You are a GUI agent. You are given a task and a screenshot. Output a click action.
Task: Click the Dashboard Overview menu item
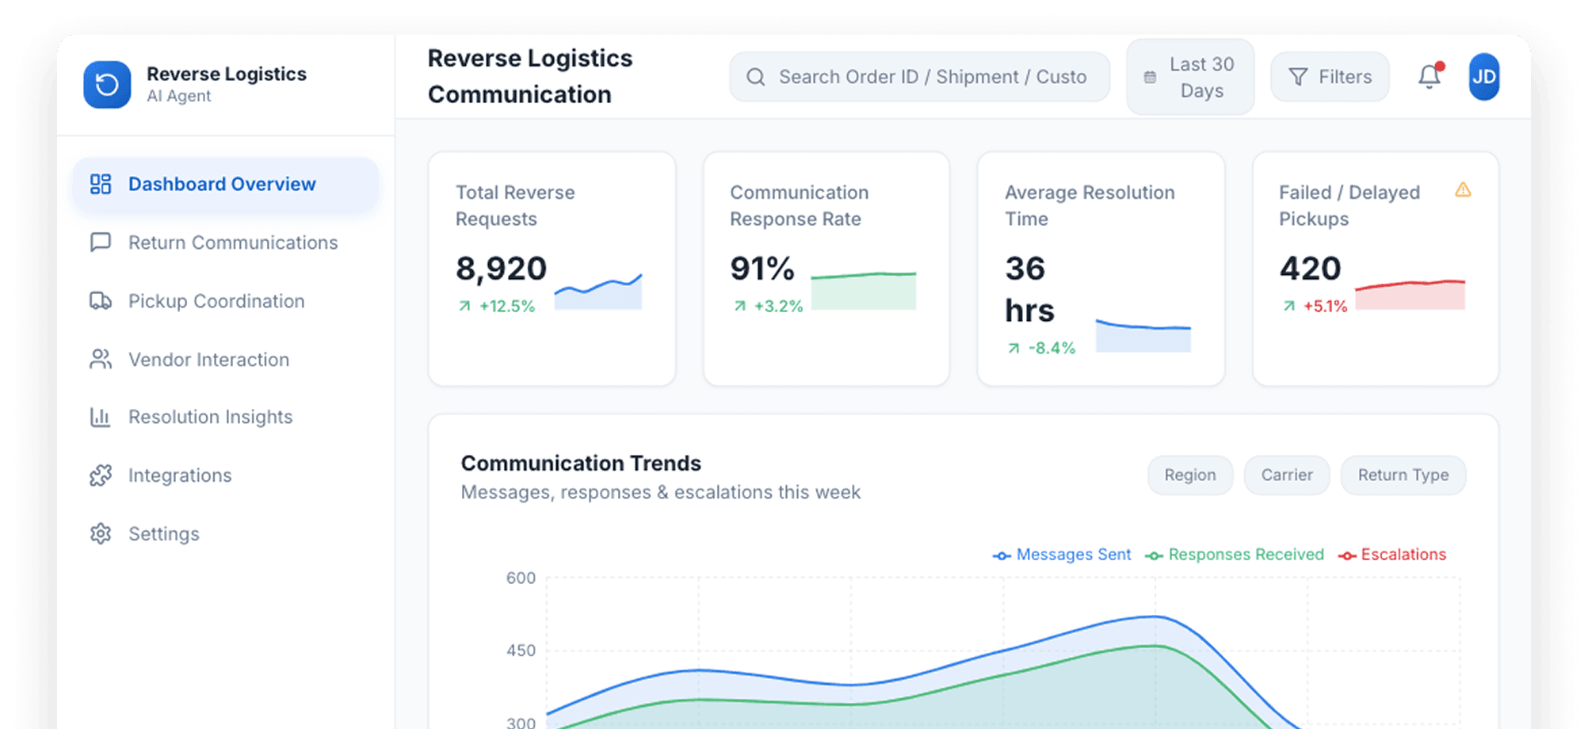coord(222,185)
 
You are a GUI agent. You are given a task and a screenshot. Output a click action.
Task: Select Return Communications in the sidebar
coord(232,242)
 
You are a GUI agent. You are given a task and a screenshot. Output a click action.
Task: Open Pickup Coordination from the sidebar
coord(216,301)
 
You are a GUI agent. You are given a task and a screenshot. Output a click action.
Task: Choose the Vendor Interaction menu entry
coord(208,360)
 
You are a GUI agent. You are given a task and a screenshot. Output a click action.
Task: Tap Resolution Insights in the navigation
coord(210,417)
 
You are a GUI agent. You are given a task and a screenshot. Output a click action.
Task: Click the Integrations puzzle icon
coord(101,475)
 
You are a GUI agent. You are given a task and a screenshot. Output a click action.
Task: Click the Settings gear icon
coord(101,534)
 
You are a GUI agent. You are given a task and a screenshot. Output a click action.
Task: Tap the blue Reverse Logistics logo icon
coord(107,85)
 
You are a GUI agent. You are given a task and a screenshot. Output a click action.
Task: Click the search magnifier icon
coord(756,77)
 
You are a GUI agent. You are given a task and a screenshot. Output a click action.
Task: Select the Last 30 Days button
coord(1190,78)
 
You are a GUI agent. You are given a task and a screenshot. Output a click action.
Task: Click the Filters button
coord(1330,77)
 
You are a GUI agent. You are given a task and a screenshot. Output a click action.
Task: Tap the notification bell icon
coord(1430,77)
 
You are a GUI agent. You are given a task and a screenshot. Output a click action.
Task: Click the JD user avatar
coord(1483,77)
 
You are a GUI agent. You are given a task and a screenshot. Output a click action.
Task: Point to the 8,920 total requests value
coord(501,269)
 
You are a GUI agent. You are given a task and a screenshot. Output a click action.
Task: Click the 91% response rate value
coord(762,269)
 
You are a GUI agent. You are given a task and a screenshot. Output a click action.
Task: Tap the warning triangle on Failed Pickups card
coord(1463,190)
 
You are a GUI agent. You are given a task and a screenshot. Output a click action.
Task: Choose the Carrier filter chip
coord(1286,475)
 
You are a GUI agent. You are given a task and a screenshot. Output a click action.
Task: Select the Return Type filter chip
coord(1403,475)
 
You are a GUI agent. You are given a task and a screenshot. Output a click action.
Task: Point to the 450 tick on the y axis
coord(521,651)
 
